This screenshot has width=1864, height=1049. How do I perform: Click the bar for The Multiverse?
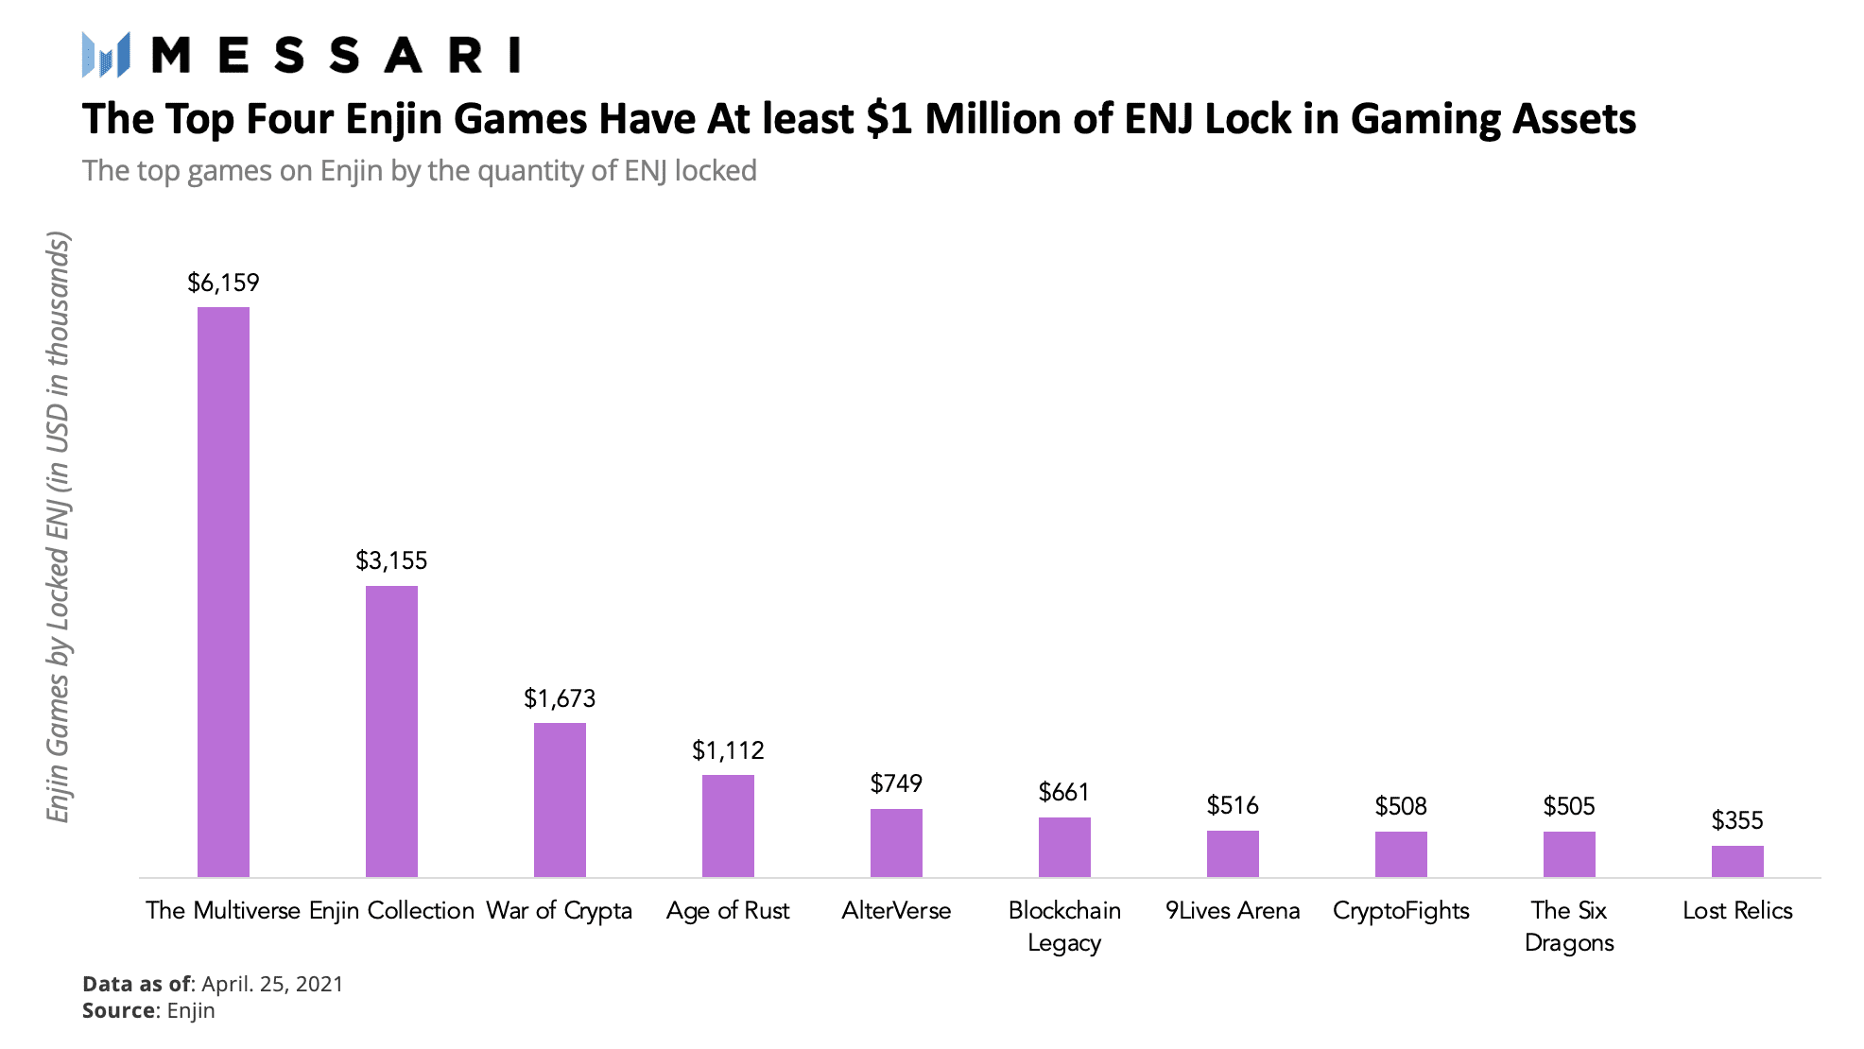[x=223, y=592]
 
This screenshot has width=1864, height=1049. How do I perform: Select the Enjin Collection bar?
[x=391, y=731]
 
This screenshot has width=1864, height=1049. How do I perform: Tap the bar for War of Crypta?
[x=560, y=800]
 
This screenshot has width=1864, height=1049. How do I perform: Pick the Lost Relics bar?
[x=1737, y=861]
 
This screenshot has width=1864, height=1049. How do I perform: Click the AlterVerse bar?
[x=896, y=843]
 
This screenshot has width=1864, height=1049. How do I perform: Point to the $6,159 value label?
[x=223, y=283]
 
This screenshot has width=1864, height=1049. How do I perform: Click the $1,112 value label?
[x=728, y=750]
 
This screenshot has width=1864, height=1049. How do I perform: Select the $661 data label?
[x=1064, y=792]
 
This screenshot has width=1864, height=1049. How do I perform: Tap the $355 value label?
[x=1737, y=820]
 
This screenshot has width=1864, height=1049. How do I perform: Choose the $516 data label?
[x=1233, y=805]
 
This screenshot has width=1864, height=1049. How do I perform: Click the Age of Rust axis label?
[x=728, y=911]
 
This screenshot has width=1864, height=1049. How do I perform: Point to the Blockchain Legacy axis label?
[x=1064, y=926]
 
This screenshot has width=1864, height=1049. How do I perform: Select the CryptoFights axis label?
[x=1401, y=911]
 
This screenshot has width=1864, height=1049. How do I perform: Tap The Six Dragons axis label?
[x=1569, y=926]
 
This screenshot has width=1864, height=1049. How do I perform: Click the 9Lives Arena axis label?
[x=1233, y=910]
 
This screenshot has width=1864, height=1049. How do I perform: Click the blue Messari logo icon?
[x=106, y=55]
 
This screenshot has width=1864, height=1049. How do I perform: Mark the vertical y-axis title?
[x=59, y=527]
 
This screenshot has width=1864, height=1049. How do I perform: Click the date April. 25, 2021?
[x=272, y=984]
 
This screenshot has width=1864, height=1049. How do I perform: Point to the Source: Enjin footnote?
[x=148, y=1010]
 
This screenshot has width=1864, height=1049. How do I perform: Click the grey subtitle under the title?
[x=420, y=171]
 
